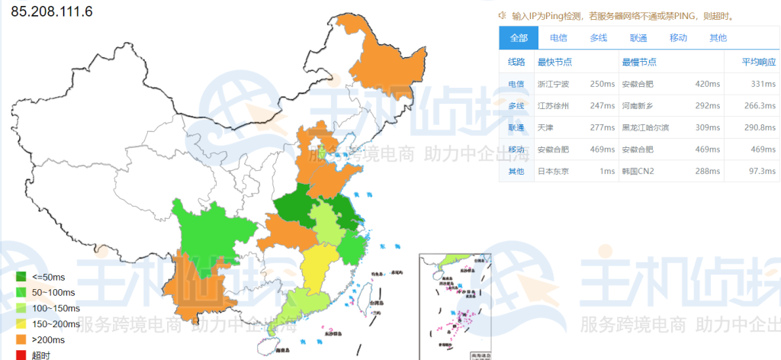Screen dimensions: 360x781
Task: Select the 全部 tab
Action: (519, 38)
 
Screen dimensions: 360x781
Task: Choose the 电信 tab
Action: (558, 38)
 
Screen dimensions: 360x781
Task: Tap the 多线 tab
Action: (599, 38)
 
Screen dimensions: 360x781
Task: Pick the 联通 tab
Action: (638, 38)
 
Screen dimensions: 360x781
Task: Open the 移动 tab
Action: (678, 38)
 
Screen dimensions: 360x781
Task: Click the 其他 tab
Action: (718, 38)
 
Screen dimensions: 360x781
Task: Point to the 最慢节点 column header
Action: (639, 62)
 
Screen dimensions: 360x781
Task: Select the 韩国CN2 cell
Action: (638, 171)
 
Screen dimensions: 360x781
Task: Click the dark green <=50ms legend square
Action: (21, 276)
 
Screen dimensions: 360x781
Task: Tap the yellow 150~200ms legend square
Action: (21, 323)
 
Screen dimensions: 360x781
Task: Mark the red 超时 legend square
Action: (21, 355)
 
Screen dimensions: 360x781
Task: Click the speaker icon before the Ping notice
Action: (503, 15)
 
